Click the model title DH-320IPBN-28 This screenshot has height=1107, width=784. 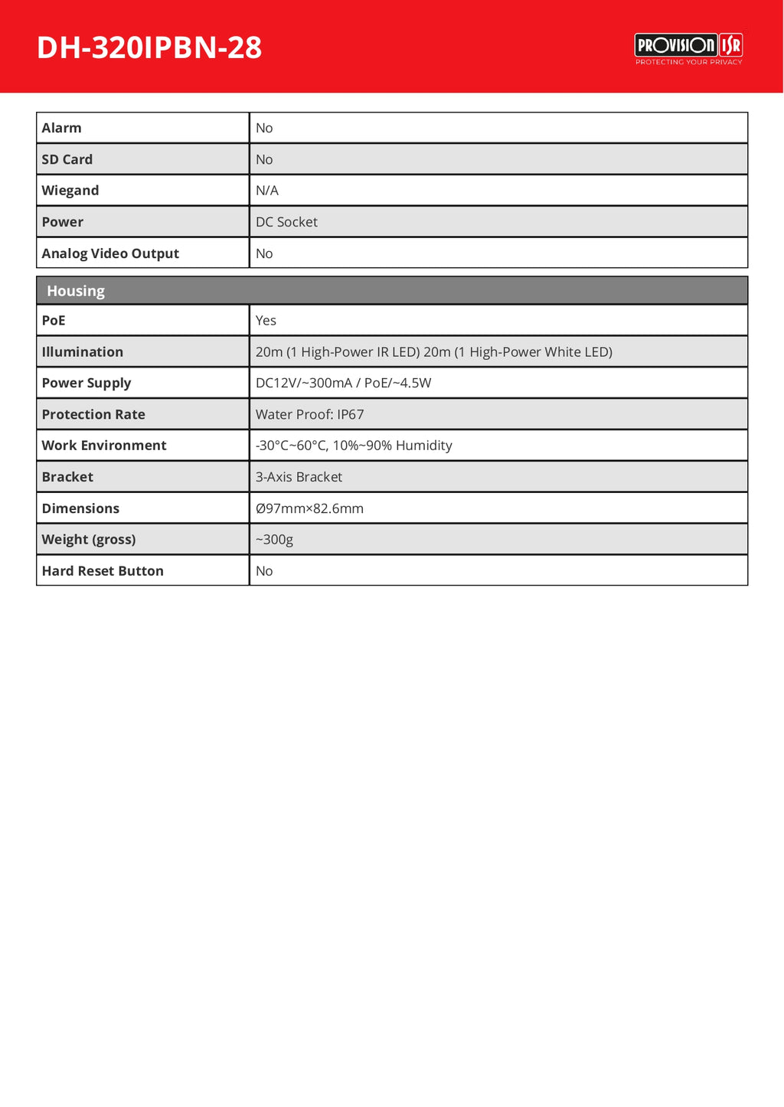coord(149,47)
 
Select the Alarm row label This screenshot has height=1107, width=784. coord(61,128)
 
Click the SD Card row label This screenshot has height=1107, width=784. coord(67,159)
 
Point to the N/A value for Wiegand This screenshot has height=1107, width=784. coord(267,191)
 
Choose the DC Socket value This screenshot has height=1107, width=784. coord(286,222)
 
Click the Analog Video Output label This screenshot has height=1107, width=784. coord(110,253)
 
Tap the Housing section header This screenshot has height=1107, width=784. coord(76,291)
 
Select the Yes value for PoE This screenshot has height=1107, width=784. coord(266,321)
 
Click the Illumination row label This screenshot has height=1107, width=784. coord(82,352)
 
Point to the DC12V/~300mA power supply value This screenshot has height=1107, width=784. coord(343,383)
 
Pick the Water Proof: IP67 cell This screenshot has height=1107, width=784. coord(309,414)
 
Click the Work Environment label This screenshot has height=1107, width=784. coord(103,446)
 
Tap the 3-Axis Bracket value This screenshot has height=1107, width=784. coord(299,477)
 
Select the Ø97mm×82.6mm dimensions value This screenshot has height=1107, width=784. coord(309,508)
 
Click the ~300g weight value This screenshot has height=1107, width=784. coord(274,540)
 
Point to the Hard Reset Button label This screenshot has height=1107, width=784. coord(103,571)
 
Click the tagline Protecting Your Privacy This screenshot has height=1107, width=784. coord(688,62)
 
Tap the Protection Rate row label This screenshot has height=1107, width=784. coord(93,414)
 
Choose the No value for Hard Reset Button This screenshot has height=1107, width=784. coord(264,571)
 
